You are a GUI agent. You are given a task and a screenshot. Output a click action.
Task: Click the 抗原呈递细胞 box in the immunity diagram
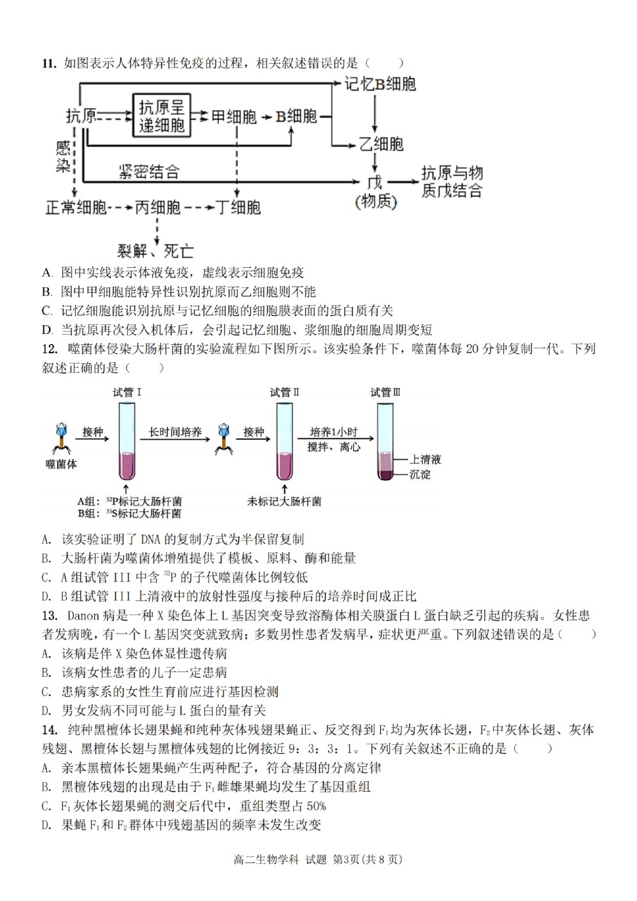162,116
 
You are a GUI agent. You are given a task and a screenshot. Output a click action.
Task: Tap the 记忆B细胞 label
380,84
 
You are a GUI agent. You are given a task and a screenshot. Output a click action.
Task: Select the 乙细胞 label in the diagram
381,144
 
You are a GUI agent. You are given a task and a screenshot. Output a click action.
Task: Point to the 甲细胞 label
234,117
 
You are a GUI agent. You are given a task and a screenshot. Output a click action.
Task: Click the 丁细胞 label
238,207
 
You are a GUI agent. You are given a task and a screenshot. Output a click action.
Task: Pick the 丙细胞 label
157,207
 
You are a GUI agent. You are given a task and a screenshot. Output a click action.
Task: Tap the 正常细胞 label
76,207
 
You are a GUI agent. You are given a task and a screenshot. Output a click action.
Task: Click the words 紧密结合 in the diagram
149,171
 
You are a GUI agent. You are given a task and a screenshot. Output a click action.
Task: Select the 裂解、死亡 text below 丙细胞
155,251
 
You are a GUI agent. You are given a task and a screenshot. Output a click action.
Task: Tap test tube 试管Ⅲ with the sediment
385,442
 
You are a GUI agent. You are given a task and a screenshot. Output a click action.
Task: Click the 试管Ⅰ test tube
127,442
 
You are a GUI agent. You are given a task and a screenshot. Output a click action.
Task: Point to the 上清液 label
425,459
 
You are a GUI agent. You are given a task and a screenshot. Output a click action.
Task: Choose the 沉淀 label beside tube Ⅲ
420,474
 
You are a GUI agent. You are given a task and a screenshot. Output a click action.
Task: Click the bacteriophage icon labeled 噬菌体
62,439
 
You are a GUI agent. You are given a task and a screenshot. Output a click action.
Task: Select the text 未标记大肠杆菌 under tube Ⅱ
284,501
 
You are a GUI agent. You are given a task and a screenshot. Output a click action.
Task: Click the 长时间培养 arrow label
175,432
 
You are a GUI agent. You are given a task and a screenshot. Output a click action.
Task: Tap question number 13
50,616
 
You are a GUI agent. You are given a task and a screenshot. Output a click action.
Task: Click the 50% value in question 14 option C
316,806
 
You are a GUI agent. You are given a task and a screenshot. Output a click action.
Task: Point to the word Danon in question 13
83,616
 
